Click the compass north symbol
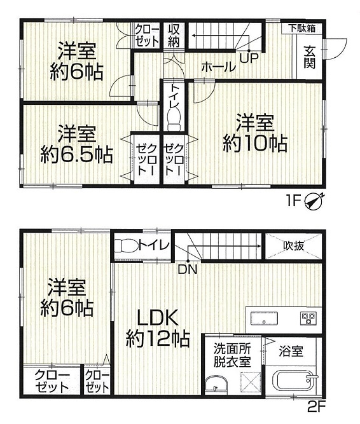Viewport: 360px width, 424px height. [314, 202]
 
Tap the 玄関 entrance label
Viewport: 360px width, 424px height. [310, 57]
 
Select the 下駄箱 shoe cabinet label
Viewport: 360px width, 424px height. [302, 28]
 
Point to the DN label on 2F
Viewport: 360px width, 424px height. [188, 270]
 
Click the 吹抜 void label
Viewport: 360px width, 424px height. [294, 245]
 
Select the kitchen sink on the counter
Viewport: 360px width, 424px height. [264, 318]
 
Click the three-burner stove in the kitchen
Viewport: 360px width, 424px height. [308, 318]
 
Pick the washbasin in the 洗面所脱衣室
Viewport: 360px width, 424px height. [216, 386]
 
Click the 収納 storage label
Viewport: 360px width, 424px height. [174, 36]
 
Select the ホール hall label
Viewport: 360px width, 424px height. [219, 67]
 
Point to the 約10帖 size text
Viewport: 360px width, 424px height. [255, 144]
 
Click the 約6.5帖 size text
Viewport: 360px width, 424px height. [76, 154]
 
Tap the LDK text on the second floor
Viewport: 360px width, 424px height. [158, 318]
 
